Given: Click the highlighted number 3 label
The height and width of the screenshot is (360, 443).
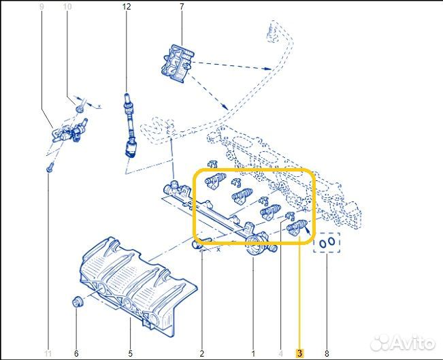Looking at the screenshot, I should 299,353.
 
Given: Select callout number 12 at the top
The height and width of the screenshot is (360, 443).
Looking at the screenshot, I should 125,7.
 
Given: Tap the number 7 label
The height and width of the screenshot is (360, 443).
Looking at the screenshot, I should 182,7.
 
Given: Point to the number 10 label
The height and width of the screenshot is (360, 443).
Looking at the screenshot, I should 67,7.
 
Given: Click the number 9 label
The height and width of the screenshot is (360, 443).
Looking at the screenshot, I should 42,7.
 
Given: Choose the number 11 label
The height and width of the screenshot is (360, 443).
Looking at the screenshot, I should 48,353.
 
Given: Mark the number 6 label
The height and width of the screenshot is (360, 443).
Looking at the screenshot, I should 76,353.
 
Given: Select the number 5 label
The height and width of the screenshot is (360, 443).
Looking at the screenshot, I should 131,353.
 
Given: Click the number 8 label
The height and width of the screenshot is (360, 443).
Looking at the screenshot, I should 327,353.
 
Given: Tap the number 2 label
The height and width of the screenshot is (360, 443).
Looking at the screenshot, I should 202,353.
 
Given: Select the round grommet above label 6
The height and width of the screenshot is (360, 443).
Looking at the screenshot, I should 77,301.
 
